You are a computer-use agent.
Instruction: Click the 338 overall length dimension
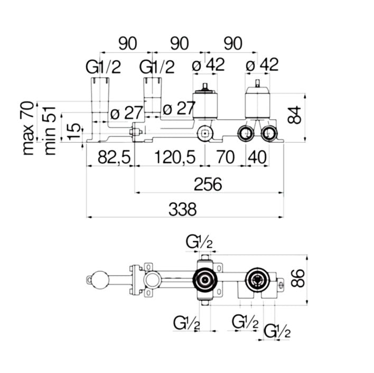pyautogui.click(x=183, y=209)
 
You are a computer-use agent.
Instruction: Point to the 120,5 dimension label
pyautogui.click(x=175, y=157)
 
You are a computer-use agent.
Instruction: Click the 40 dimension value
pyautogui.click(x=258, y=157)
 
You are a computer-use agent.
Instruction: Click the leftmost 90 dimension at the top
pyautogui.click(x=126, y=43)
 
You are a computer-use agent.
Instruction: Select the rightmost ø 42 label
pyautogui.click(x=263, y=66)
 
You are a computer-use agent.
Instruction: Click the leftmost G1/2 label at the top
pyautogui.click(x=104, y=67)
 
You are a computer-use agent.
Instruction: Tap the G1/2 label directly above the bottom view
pyautogui.click(x=199, y=243)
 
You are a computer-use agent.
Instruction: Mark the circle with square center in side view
pyautogui.click(x=205, y=134)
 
